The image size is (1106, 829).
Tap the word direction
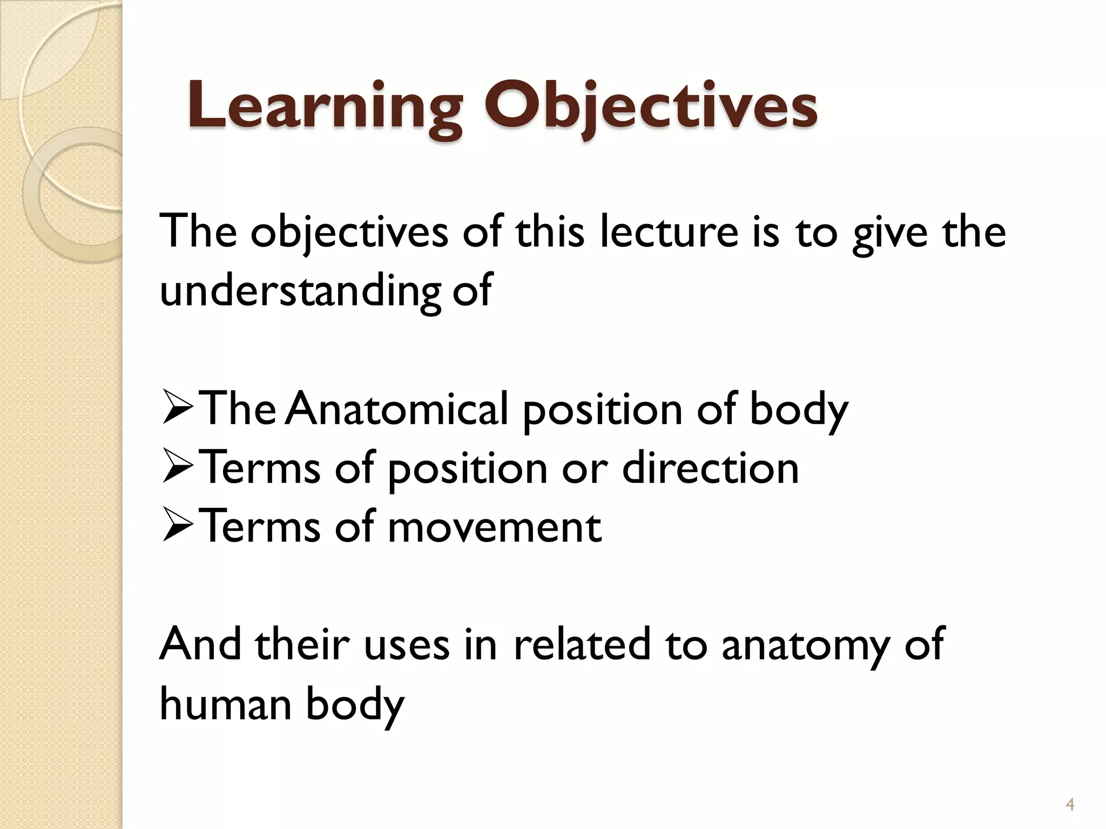[710, 467]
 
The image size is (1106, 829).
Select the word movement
[494, 527]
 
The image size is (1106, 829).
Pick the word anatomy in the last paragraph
[805, 645]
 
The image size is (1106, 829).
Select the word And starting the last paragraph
[200, 644]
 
